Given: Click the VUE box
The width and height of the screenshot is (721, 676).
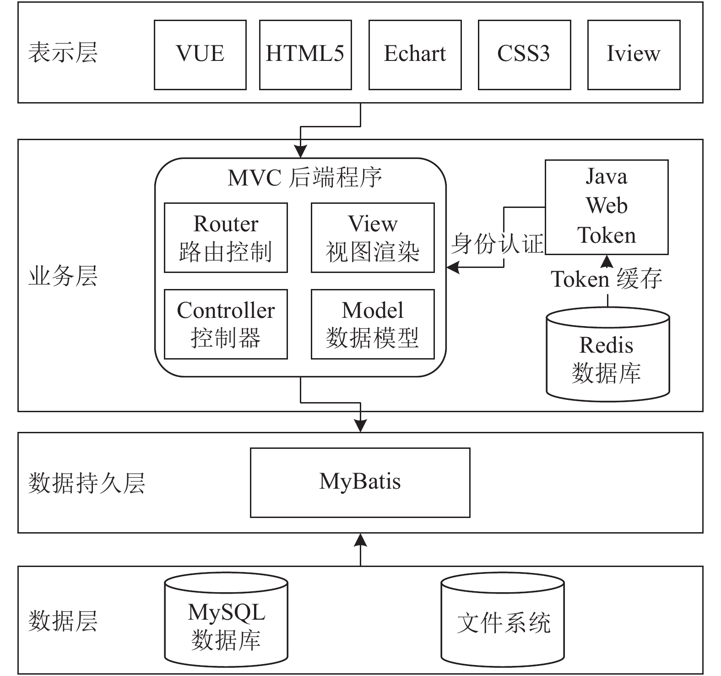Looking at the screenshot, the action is click(x=200, y=55).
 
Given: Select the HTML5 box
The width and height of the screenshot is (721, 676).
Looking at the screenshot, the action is click(x=305, y=55).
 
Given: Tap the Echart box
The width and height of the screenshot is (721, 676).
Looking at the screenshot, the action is click(x=415, y=55).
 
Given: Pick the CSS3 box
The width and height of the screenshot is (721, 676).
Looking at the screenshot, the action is click(x=524, y=55).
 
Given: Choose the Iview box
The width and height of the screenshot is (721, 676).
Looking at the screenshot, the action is click(x=634, y=55).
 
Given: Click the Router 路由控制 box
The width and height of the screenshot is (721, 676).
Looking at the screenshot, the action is click(x=226, y=238).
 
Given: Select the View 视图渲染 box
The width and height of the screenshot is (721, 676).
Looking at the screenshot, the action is click(x=373, y=238).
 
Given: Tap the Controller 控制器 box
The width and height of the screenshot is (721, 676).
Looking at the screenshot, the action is click(x=226, y=324).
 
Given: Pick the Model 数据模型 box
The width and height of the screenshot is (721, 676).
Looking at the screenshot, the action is click(x=373, y=324).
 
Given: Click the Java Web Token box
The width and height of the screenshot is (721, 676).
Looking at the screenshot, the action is click(x=607, y=207).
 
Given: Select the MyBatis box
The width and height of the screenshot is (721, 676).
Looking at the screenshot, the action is click(x=360, y=483).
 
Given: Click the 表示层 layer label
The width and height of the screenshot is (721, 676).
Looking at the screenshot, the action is click(x=63, y=52).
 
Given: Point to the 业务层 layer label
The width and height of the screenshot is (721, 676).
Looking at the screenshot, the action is click(x=63, y=277).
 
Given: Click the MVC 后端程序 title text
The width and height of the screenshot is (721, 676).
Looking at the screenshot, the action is click(x=305, y=178).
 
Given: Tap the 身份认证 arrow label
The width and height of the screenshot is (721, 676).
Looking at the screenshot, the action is click(x=497, y=243).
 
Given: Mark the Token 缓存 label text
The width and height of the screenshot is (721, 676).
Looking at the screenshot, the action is click(x=606, y=279).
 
